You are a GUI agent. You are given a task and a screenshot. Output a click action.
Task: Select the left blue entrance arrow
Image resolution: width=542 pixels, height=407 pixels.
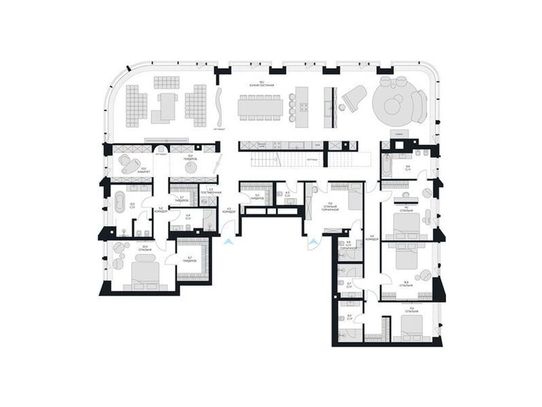[x=228, y=242]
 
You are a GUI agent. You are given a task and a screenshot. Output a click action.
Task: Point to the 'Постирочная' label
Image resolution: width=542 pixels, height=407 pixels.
[x=210, y=191]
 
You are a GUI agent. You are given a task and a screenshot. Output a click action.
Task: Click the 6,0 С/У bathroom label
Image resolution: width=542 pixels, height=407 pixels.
[x=349, y=317]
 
